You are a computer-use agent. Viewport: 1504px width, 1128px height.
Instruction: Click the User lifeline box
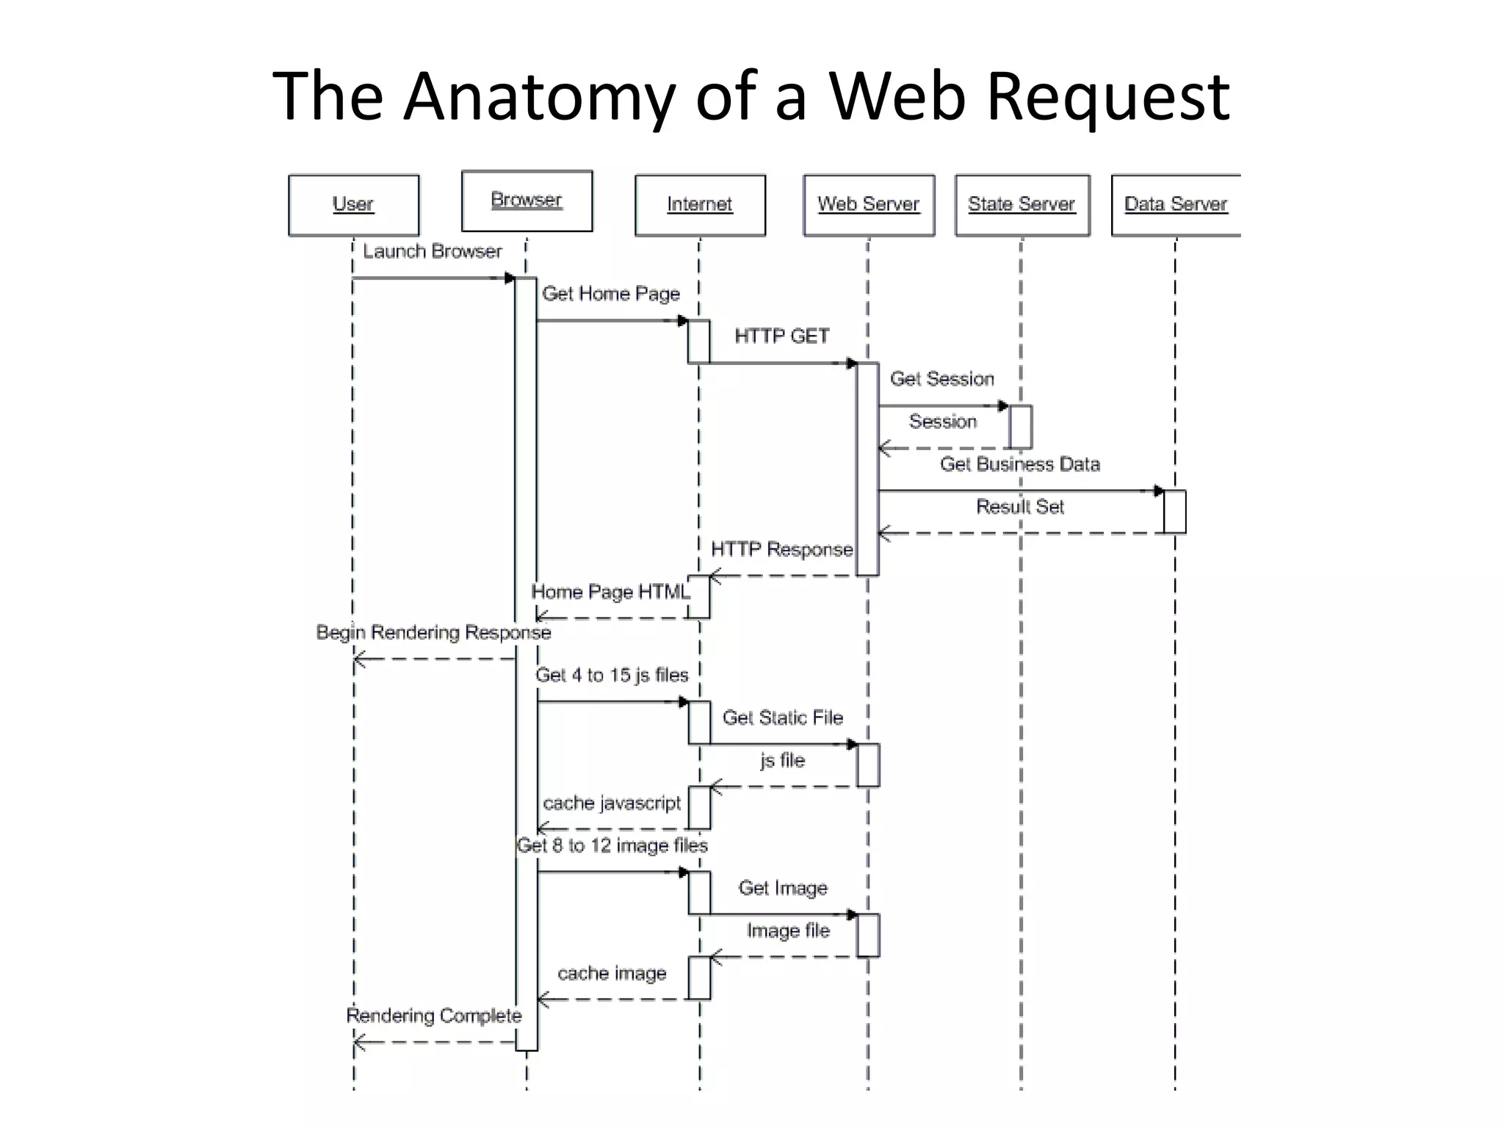click(353, 205)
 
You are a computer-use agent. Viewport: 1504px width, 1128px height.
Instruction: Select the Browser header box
click(527, 200)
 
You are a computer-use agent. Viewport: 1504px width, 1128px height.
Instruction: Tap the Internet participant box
click(700, 205)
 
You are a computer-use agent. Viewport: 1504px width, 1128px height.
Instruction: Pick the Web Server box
click(869, 205)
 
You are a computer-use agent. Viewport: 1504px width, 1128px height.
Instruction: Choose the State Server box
click(1022, 205)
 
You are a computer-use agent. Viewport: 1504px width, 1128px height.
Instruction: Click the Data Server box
click(1175, 205)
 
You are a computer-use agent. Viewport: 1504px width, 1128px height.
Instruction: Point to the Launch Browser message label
click(432, 252)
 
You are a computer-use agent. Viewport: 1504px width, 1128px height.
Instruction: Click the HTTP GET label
click(782, 336)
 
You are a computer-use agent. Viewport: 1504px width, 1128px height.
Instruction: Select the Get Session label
click(942, 379)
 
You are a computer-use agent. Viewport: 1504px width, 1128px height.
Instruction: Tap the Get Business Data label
click(1020, 464)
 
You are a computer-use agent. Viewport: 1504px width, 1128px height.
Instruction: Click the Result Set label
click(1019, 507)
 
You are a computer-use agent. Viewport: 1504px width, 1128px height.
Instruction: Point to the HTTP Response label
click(781, 549)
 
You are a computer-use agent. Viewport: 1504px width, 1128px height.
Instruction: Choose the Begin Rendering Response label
click(433, 632)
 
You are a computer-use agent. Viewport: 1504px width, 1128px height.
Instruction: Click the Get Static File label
click(783, 717)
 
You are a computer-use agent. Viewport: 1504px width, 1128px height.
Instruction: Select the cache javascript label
click(612, 803)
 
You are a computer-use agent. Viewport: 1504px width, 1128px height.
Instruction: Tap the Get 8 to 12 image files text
click(612, 845)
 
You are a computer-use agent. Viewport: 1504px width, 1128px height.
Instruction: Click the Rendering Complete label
click(433, 1016)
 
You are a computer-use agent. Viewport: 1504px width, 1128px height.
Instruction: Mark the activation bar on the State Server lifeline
click(1021, 427)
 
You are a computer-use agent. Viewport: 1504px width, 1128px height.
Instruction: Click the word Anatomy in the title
click(539, 95)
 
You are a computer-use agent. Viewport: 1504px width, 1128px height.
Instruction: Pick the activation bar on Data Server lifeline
click(1174, 512)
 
